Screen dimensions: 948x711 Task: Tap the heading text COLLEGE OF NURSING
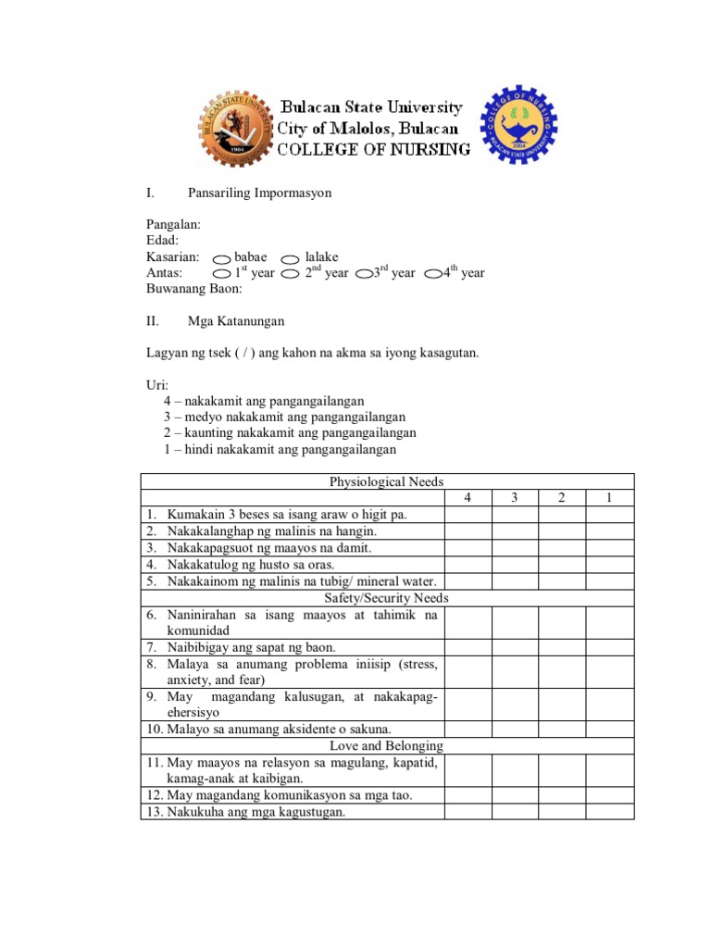click(x=374, y=149)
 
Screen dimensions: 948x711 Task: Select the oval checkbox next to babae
click(x=221, y=258)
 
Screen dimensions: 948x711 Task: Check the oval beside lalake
click(x=290, y=258)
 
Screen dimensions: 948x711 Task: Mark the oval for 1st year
click(x=221, y=274)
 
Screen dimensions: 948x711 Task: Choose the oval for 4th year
click(x=432, y=274)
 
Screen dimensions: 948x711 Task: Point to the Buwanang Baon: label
click(x=194, y=289)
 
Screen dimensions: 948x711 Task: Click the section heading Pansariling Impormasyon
click(x=259, y=193)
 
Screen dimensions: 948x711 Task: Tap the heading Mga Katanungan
click(x=236, y=321)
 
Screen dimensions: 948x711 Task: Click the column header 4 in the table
click(x=468, y=498)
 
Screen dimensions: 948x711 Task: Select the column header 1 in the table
click(x=610, y=498)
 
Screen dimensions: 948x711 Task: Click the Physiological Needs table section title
click(x=387, y=481)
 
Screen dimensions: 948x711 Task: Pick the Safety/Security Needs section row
click(x=387, y=598)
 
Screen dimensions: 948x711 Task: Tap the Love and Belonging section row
click(x=387, y=745)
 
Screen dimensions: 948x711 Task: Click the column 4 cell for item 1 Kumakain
click(x=468, y=514)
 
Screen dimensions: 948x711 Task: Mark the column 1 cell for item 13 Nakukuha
click(x=610, y=812)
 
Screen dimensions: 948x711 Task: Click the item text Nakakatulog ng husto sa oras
click(x=250, y=565)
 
